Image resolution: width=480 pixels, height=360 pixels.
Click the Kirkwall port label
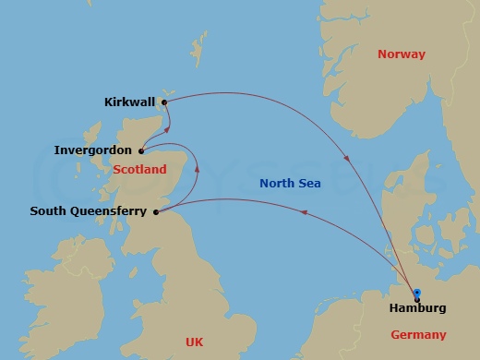[x=130, y=102]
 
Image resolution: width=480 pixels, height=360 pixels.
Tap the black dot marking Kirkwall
[x=164, y=102]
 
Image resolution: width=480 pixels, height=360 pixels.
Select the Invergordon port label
[x=93, y=150]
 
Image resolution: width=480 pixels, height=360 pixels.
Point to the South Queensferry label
[x=88, y=211]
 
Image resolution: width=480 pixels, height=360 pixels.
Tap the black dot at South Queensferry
[x=155, y=212]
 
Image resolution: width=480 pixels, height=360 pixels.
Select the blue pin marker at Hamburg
[x=416, y=291]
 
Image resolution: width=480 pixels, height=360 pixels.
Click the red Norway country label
[x=402, y=54]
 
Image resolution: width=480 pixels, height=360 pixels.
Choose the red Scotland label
[x=140, y=170]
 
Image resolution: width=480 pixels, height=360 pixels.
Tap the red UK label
[x=194, y=342]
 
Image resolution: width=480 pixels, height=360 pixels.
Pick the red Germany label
[x=418, y=335]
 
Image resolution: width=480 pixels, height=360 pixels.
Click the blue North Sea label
[x=290, y=184]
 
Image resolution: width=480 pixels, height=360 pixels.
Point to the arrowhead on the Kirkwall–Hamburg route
[x=346, y=158]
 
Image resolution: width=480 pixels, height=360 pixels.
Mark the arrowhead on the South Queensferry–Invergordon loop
[x=197, y=167]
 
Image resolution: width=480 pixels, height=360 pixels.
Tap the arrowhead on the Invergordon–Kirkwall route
[x=172, y=125]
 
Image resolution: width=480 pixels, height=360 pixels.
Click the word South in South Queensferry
[x=49, y=211]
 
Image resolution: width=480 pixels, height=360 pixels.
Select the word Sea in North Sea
[x=309, y=184]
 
